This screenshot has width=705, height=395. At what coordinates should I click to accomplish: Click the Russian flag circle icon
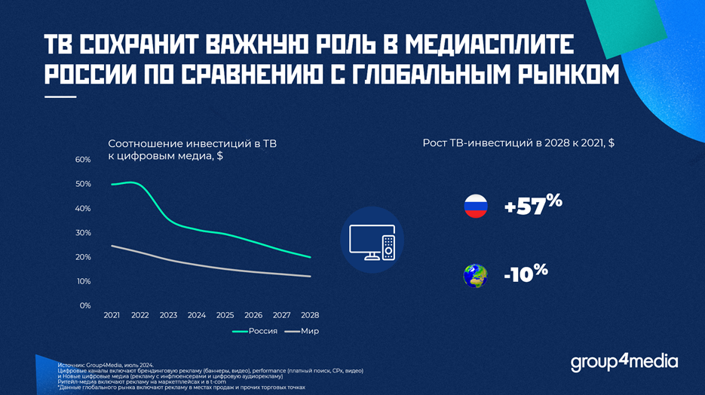tap(476, 207)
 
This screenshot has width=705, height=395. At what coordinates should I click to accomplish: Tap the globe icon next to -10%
tap(475, 275)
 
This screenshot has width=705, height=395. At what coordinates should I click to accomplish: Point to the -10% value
tap(526, 272)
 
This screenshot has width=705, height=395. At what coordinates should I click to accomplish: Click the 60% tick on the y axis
tap(82, 160)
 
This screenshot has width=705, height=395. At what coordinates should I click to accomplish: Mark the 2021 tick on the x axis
tap(112, 315)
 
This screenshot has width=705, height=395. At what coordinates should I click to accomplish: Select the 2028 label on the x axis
tap(310, 315)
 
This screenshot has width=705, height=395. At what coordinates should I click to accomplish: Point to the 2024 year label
tap(197, 315)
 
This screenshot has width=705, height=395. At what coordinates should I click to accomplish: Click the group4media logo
tap(624, 362)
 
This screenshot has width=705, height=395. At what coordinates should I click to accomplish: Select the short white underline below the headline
tap(60, 96)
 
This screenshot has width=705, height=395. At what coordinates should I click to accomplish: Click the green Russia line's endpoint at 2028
tap(310, 257)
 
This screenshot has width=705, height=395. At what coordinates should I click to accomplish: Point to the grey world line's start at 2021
tap(112, 246)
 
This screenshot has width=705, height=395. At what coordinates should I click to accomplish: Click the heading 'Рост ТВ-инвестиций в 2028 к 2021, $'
tap(519, 143)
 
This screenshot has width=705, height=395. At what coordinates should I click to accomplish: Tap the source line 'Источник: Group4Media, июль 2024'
tap(106, 365)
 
